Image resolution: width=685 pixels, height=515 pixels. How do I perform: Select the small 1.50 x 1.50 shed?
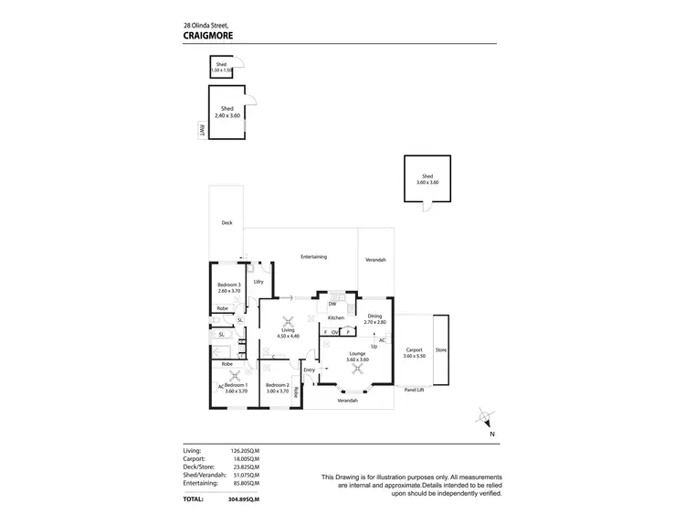221,67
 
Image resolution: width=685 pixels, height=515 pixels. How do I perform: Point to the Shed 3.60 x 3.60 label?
428,179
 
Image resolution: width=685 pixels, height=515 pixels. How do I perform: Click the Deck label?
227,222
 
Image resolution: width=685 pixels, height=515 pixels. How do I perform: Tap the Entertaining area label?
313,257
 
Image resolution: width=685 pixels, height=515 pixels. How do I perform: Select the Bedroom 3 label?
228,284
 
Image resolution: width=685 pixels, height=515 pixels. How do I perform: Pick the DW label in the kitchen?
332,304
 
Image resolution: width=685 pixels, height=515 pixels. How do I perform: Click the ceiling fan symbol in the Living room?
290,320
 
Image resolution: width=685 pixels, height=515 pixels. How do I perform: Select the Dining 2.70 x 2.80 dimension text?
375,323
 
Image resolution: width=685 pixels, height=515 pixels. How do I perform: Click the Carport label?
414,349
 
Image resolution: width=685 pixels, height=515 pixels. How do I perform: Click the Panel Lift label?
416,389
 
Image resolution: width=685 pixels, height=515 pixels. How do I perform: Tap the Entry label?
309,370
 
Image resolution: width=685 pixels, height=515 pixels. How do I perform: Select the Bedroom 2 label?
278,385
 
